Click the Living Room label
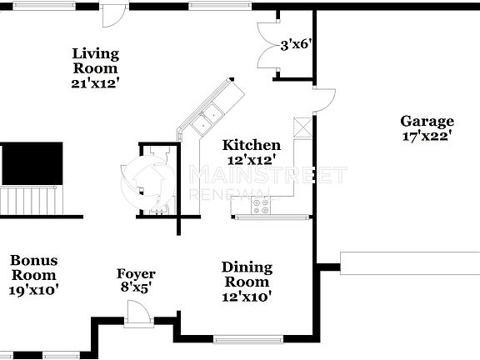pos(96,61)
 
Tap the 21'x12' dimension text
pos(96,83)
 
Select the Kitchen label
pos(251,145)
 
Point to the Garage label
pos(427,121)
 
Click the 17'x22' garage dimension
pos(427,136)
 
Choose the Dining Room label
pos(247,274)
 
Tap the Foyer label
pos(135,274)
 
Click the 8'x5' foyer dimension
pos(135,288)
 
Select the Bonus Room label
pos(34,267)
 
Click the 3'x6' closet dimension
pos(296,44)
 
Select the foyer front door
pos(137,312)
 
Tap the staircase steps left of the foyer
pos(32,201)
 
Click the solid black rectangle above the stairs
pos(32,163)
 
